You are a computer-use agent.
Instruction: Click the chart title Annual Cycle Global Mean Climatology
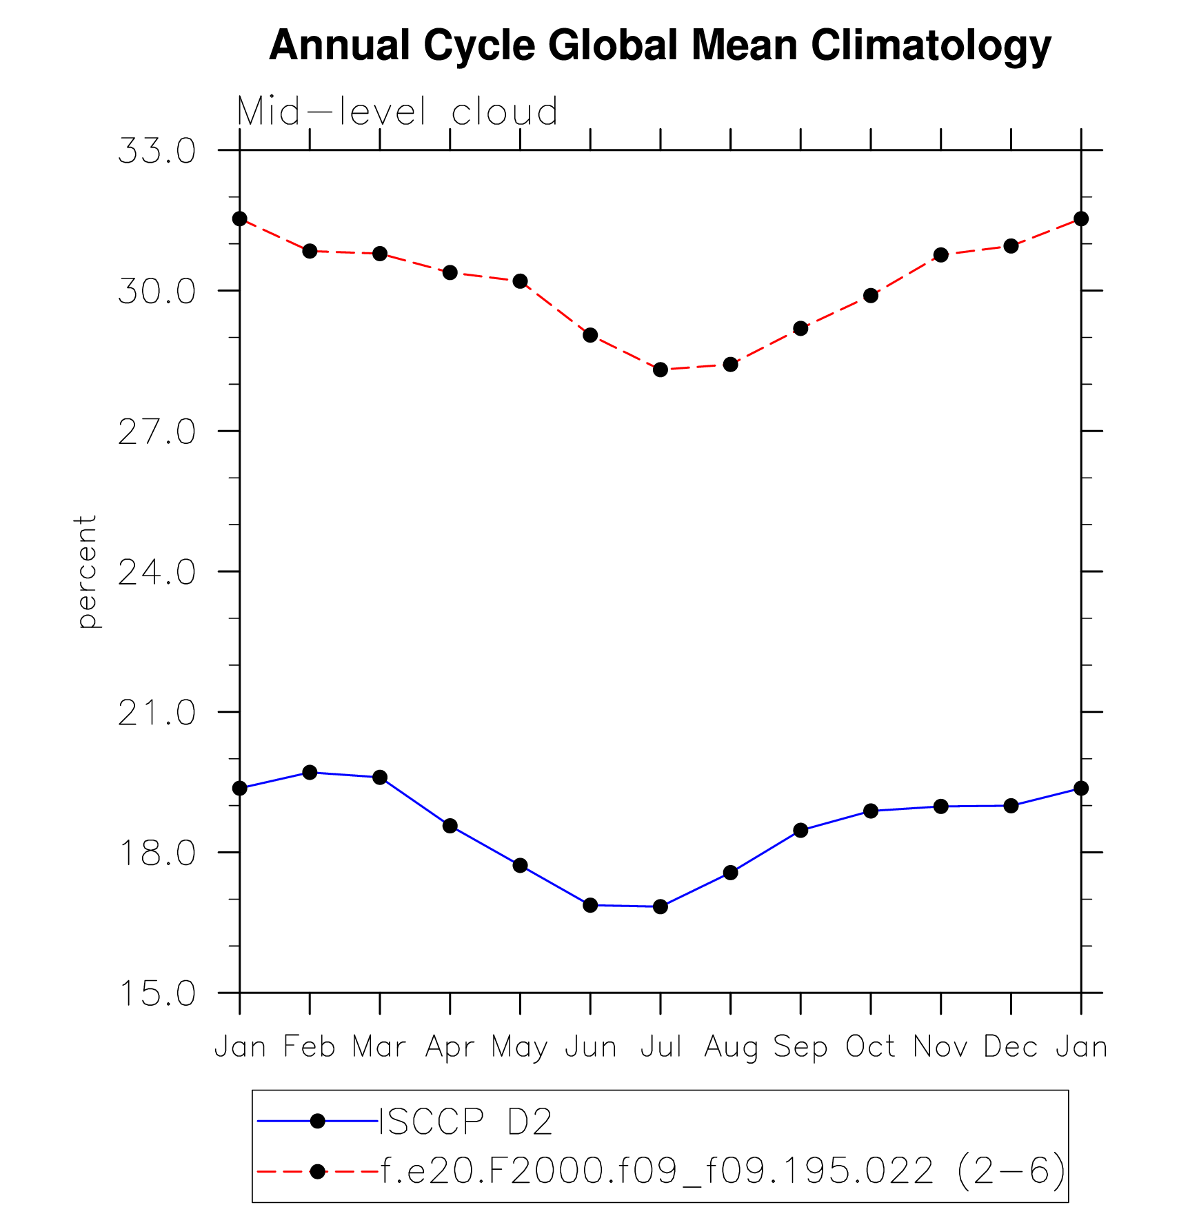coord(660,46)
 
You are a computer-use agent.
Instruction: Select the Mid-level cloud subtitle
coord(397,112)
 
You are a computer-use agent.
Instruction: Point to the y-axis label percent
coord(87,571)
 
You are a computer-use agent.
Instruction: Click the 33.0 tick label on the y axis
coord(157,151)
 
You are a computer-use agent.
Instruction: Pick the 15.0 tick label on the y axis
coord(157,994)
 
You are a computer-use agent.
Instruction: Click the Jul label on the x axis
coord(661,1046)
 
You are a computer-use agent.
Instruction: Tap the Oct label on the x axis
coord(870,1046)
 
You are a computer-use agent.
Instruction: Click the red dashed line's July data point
coord(661,369)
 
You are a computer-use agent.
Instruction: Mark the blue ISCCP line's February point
coord(310,773)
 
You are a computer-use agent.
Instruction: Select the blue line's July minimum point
coord(661,906)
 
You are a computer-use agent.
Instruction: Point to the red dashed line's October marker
coord(871,296)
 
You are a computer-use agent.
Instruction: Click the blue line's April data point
coord(450,826)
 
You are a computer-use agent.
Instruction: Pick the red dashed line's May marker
coord(521,281)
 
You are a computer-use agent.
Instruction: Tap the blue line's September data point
coord(800,831)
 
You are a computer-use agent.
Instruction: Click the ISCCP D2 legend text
coord(466,1122)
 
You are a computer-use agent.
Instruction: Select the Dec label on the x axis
coord(1011,1046)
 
